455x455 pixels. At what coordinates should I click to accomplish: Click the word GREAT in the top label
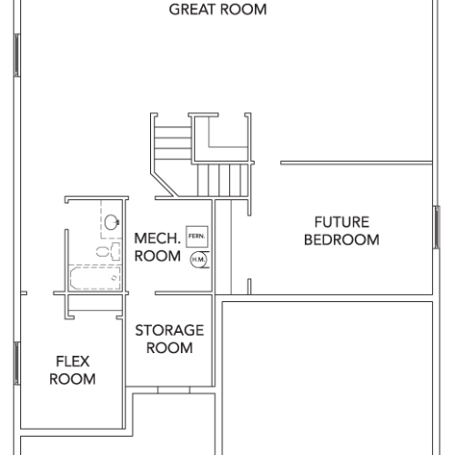pos(192,9)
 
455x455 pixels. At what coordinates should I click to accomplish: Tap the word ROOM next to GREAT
pos(244,9)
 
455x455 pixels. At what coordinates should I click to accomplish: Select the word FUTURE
pos(342,222)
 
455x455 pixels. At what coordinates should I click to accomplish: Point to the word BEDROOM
pos(341,239)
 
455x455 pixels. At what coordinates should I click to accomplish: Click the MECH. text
pos(157,238)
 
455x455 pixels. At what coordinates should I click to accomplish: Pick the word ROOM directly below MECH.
pos(157,257)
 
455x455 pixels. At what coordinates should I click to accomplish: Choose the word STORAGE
pos(169,330)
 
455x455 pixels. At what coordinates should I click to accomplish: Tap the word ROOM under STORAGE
pos(169,348)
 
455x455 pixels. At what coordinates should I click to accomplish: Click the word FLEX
pos(73,361)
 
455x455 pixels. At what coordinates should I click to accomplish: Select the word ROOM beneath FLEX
pos(73,379)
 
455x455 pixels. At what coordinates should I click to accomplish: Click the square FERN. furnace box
pos(197,237)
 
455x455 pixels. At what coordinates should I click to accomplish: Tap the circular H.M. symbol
pos(198,259)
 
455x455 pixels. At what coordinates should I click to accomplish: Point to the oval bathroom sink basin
pos(111,222)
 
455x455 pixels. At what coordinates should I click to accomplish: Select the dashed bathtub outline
pos(96,278)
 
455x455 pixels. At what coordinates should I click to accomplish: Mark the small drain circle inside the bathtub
pos(114,278)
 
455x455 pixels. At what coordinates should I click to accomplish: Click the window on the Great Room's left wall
pos(17,56)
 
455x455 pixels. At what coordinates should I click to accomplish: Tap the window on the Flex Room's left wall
pos(17,363)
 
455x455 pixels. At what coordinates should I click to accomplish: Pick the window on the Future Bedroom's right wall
pos(436,227)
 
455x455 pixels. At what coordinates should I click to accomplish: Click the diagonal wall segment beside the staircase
pos(165,185)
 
